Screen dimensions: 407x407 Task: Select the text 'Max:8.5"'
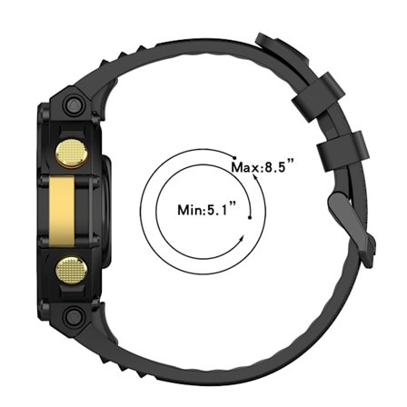tap(263, 167)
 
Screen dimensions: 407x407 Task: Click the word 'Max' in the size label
tap(245, 167)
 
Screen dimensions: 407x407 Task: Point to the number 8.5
tap(277, 167)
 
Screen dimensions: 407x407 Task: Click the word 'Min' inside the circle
tap(192, 210)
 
